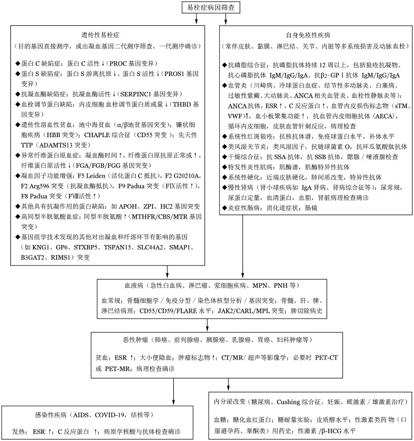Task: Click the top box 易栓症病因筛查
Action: (x=207, y=7)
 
